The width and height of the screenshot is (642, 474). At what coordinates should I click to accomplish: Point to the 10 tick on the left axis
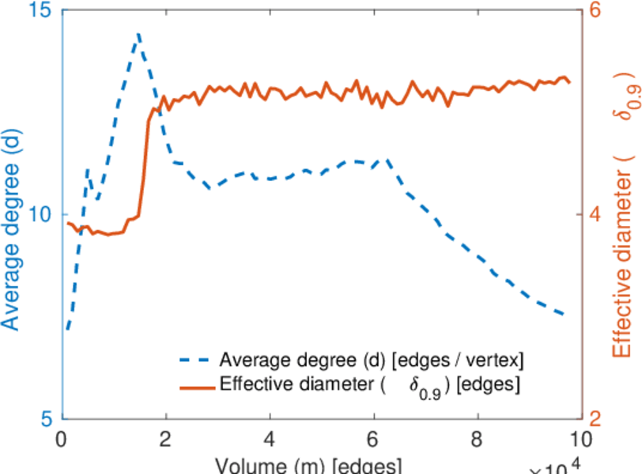40,215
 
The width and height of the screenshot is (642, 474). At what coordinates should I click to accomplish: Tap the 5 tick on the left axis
46,418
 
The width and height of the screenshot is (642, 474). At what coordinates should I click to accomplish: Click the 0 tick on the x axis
62,438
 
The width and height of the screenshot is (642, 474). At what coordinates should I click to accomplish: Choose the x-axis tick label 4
270,438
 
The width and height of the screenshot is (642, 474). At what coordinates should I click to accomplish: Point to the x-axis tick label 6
373,438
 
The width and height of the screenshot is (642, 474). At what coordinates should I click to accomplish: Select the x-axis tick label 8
477,438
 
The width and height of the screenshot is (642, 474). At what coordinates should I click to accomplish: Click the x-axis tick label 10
580,438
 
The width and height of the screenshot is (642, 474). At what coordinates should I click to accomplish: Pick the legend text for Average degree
372,360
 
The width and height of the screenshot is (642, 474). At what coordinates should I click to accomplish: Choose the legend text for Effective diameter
369,386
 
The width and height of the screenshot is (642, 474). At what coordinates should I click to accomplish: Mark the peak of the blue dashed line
138,35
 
